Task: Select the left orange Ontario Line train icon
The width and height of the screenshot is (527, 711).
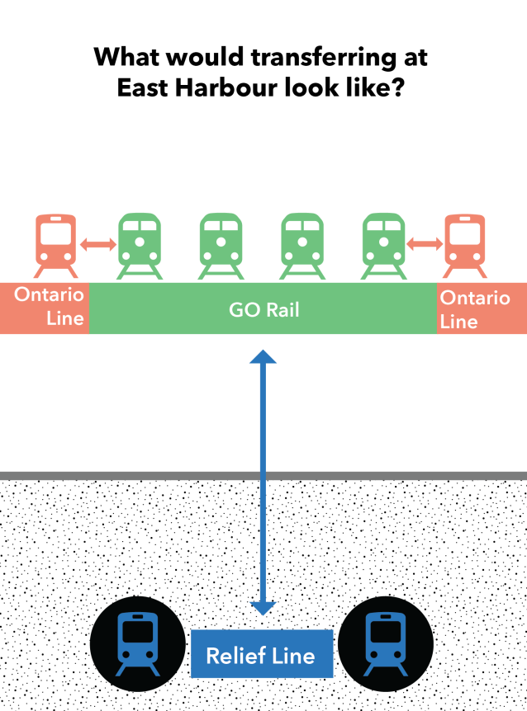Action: (56, 245)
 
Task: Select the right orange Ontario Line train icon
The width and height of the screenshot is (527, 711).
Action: (467, 245)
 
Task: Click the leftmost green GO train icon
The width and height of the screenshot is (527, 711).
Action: (140, 245)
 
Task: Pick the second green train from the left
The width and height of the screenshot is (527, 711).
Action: (221, 245)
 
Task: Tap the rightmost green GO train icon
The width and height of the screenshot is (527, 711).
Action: (384, 245)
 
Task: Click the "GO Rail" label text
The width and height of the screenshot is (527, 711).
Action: (263, 310)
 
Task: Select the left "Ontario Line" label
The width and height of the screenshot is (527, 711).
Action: (50, 307)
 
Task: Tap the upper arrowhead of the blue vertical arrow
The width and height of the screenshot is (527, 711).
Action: (263, 357)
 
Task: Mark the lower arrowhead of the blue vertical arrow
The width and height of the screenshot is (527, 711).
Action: (263, 608)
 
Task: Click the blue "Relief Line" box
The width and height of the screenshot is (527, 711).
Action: (261, 655)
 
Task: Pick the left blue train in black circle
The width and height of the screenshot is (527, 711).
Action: (137, 643)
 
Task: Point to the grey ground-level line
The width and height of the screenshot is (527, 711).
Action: (263, 476)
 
